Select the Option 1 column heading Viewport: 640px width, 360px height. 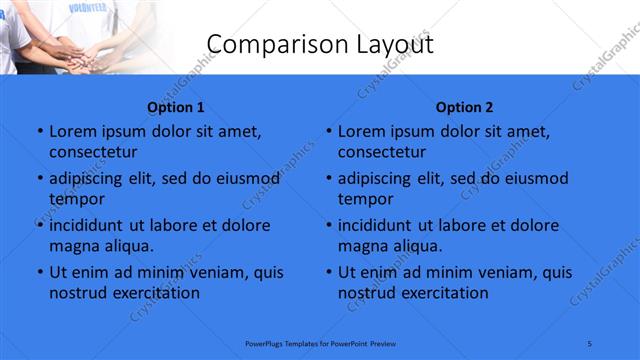tap(176, 107)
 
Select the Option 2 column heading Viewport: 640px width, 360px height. tap(465, 107)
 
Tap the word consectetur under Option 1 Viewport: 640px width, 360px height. tap(93, 152)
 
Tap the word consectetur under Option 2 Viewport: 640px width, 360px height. tap(382, 152)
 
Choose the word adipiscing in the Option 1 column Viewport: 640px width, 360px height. tap(91, 179)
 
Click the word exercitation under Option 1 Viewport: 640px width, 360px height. tap(153, 293)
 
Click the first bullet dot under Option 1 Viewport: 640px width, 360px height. tap(39, 132)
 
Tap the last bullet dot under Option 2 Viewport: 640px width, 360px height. tap(328, 272)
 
